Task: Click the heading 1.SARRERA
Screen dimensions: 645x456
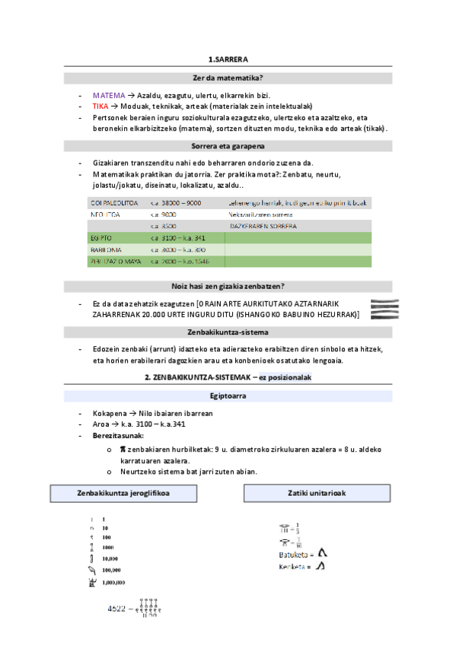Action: pyautogui.click(x=228, y=59)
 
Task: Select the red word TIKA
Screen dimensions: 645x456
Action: pyautogui.click(x=100, y=106)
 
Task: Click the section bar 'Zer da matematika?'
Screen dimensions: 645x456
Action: pyautogui.click(x=228, y=78)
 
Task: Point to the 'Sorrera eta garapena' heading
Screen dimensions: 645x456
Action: pyautogui.click(x=228, y=145)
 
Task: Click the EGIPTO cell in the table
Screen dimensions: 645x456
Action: pyautogui.click(x=101, y=238)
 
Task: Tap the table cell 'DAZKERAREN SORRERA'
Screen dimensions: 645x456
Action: pyautogui.click(x=263, y=227)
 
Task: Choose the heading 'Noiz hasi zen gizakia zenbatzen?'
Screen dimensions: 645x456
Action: pyautogui.click(x=228, y=287)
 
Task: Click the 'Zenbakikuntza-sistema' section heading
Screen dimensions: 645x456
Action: pyautogui.click(x=228, y=332)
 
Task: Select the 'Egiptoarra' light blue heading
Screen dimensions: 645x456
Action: pyautogui.click(x=228, y=396)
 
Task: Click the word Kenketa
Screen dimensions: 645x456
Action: pyautogui.click(x=292, y=567)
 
